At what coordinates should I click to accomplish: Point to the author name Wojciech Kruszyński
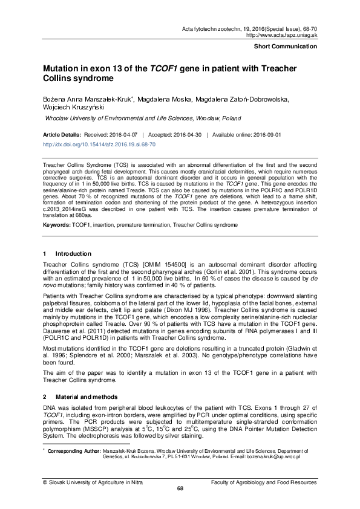point(69,108)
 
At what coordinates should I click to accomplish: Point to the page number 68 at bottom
point(180,488)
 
